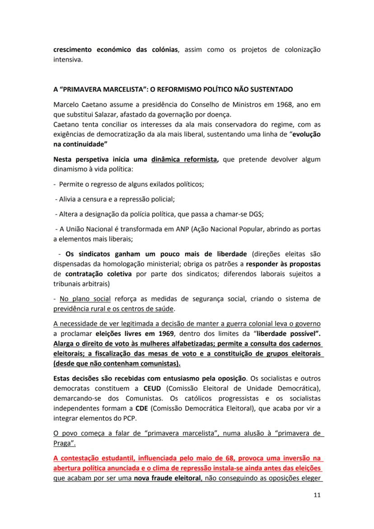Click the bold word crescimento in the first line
point(78,49)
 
